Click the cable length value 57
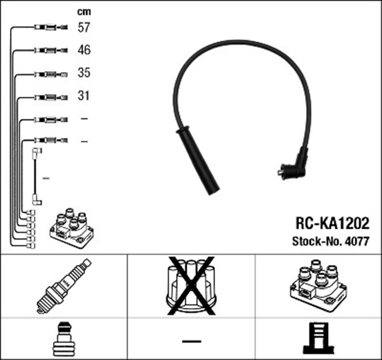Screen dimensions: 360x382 tap(84, 27)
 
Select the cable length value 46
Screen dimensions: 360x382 tap(84, 50)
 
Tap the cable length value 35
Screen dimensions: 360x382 tap(84, 73)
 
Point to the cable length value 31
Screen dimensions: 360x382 tap(84, 96)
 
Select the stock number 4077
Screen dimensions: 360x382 tap(358, 242)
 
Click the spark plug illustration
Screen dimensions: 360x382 tap(64, 286)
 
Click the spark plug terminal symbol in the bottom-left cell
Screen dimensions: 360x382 tap(63, 339)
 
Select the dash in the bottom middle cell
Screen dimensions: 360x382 tap(191, 341)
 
